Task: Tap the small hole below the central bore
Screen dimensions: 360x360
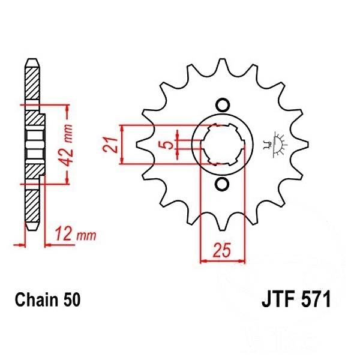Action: pyautogui.click(x=221, y=184)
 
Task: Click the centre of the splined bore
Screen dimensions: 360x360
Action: pyautogui.click(x=221, y=145)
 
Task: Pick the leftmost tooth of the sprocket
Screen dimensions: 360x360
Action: pyautogui.click(x=142, y=145)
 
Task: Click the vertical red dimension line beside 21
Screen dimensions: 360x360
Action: pyautogui.click(x=122, y=145)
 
